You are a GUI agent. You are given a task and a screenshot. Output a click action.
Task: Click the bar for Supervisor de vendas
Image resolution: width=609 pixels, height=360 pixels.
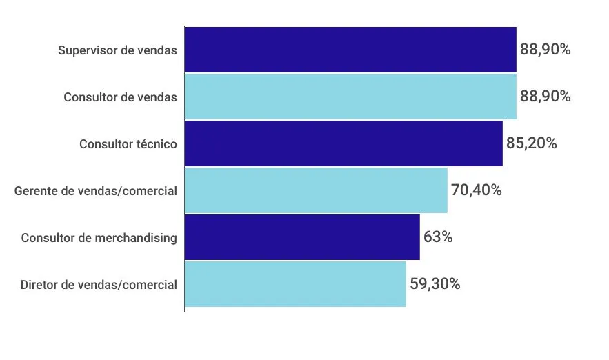[350, 50]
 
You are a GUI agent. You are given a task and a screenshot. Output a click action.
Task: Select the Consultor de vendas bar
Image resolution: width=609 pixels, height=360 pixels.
[350, 97]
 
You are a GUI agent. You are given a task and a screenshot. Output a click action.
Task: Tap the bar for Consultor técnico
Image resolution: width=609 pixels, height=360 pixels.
[343, 143]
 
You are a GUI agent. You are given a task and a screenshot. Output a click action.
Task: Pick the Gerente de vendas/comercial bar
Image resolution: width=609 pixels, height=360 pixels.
[316, 190]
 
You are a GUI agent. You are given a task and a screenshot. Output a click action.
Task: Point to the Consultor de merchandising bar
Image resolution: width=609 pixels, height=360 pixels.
[302, 237]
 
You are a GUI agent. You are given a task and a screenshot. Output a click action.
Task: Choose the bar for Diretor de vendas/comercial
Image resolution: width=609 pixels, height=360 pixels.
[295, 284]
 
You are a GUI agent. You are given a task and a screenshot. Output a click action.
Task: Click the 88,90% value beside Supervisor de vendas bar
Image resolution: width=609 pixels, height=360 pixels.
[545, 50]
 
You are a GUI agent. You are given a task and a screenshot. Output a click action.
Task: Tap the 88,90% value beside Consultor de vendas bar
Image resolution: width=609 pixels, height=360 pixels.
[545, 97]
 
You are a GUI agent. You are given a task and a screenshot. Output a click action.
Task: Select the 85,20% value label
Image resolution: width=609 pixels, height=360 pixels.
[531, 143]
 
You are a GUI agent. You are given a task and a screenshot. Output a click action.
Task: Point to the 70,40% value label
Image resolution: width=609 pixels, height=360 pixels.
[476, 190]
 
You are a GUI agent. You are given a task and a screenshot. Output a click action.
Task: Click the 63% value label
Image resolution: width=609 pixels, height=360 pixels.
[438, 237]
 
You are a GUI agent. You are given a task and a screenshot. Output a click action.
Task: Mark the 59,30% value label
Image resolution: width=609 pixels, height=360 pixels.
[435, 284]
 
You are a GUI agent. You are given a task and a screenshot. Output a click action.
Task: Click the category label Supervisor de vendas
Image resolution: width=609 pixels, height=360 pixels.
[117, 50]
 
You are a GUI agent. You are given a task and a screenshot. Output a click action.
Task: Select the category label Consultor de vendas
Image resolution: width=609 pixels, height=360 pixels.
[120, 97]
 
